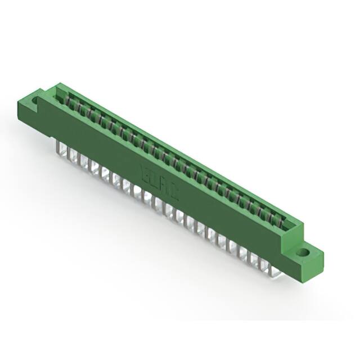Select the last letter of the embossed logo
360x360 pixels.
coord(175,195)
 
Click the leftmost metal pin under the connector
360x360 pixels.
coord(60,147)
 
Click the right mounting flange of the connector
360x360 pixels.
coord(307,256)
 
